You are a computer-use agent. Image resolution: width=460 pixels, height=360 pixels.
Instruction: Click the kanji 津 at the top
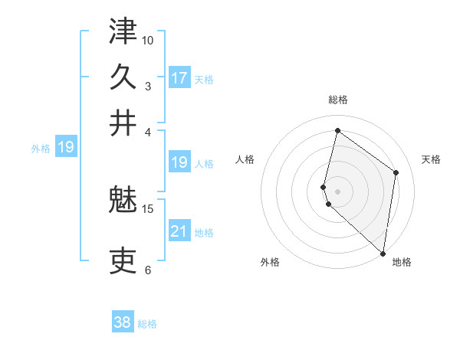coord(123,32)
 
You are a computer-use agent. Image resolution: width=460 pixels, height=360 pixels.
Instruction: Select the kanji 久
coord(123,77)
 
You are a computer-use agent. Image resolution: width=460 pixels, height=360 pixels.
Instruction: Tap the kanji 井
coord(123,123)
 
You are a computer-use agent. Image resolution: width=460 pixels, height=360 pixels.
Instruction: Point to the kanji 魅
coord(123,201)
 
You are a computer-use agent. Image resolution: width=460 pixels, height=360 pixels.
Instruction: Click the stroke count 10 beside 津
coord(148,40)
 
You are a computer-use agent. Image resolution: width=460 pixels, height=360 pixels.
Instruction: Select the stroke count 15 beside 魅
coord(148,208)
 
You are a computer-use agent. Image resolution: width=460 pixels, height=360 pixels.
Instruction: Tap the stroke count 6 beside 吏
coord(148,270)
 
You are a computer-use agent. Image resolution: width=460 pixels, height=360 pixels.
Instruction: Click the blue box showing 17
coord(179,78)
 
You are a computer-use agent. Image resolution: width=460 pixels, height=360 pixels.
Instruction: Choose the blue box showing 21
coord(179,231)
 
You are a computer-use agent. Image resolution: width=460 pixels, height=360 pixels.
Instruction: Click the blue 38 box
coord(123,322)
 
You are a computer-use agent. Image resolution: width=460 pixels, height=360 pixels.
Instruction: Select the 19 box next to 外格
coord(66,147)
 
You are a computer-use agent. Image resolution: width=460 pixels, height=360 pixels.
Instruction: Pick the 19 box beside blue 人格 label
coord(179,162)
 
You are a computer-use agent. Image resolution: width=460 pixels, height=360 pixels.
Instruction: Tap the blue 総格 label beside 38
coord(148,324)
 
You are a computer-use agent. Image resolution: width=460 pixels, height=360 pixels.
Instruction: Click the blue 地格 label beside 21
coord(204,233)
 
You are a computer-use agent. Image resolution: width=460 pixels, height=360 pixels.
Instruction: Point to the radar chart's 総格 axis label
coord(338,100)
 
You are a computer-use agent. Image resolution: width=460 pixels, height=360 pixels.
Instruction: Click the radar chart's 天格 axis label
coord(432,159)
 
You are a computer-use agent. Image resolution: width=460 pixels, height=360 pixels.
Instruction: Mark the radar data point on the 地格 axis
coord(383,254)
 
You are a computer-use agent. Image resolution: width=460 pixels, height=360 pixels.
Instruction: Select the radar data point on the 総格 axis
coord(337,130)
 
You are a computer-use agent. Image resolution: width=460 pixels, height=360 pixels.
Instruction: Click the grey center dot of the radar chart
coord(337,190)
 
